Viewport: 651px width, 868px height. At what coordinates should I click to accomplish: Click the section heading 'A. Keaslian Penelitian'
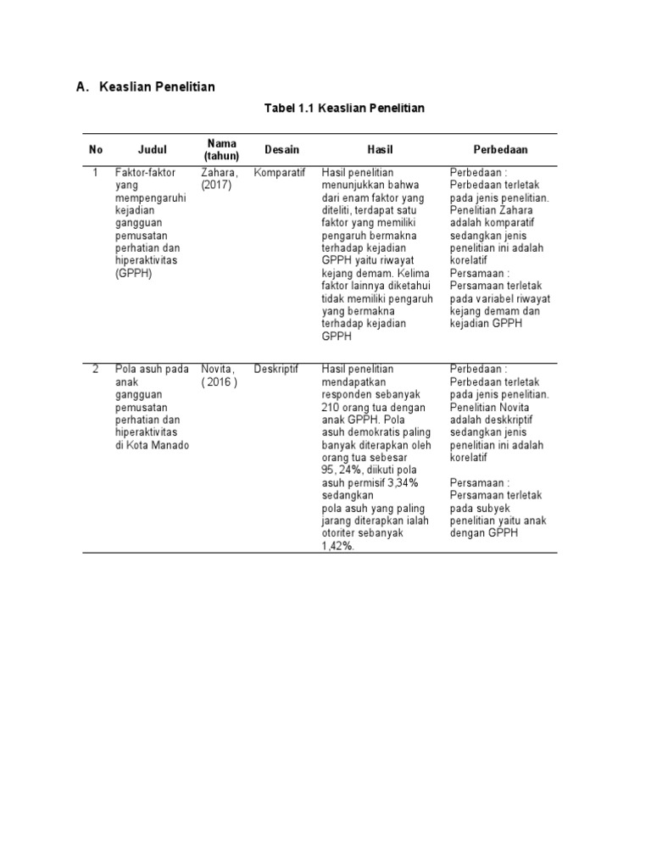click(x=145, y=86)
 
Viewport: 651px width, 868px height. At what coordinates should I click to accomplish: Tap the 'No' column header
click(x=96, y=149)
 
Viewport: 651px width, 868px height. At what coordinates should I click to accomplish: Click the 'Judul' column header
click(x=153, y=149)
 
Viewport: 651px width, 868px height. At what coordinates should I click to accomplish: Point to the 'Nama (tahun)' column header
click(x=221, y=149)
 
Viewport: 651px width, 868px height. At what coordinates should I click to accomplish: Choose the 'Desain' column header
click(x=281, y=149)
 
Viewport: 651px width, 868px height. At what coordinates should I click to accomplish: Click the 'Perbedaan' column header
click(x=500, y=149)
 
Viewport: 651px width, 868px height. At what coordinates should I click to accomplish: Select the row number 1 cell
click(x=96, y=172)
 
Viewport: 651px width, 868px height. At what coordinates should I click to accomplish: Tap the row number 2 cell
click(x=96, y=369)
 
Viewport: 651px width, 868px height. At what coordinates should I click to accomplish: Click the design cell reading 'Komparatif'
click(x=279, y=172)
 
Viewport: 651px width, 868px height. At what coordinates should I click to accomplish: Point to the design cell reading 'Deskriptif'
click(x=276, y=369)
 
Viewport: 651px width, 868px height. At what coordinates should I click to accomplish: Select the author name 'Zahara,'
click(x=220, y=172)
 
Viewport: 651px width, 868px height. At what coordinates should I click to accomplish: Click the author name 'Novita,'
click(x=218, y=369)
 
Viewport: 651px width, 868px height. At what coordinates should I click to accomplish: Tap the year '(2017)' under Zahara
click(x=216, y=185)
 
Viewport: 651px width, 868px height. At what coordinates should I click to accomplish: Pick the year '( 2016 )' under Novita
click(x=220, y=381)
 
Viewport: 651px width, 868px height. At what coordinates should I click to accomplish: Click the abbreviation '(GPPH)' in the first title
click(x=133, y=274)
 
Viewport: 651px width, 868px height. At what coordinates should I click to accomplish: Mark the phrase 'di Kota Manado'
click(x=152, y=445)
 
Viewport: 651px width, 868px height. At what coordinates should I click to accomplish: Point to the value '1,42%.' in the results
click(x=338, y=547)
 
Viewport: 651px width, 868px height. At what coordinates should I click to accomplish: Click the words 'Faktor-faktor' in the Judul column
click(x=145, y=172)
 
